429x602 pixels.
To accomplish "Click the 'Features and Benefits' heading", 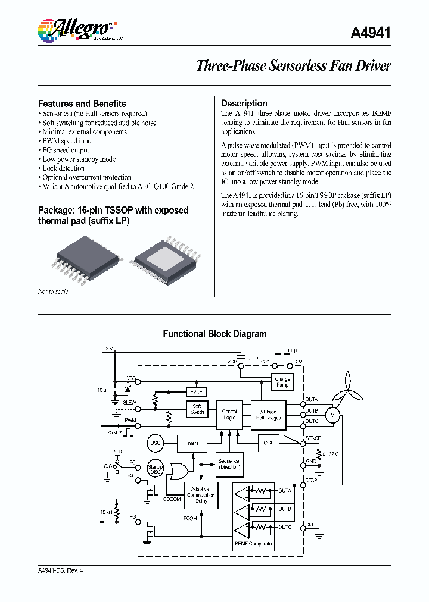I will (82, 103).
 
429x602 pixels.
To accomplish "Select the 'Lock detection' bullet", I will (63, 168).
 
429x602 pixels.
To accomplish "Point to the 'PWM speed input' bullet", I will (67, 141).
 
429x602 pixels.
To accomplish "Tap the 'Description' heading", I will (244, 103).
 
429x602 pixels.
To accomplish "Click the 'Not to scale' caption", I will (53, 291).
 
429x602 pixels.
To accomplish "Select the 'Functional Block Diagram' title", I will (214, 334).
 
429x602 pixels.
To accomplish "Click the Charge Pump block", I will (282, 382).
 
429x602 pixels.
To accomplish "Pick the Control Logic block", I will (229, 415).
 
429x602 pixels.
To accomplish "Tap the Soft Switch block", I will (197, 409).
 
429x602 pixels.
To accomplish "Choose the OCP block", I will (268, 443).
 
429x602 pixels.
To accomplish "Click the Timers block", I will (191, 443).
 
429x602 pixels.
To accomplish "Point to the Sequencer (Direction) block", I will (229, 465).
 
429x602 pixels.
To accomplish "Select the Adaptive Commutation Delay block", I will (200, 495).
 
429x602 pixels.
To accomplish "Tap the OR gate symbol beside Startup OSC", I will (179, 471).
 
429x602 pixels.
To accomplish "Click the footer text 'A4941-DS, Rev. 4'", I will (61, 570).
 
